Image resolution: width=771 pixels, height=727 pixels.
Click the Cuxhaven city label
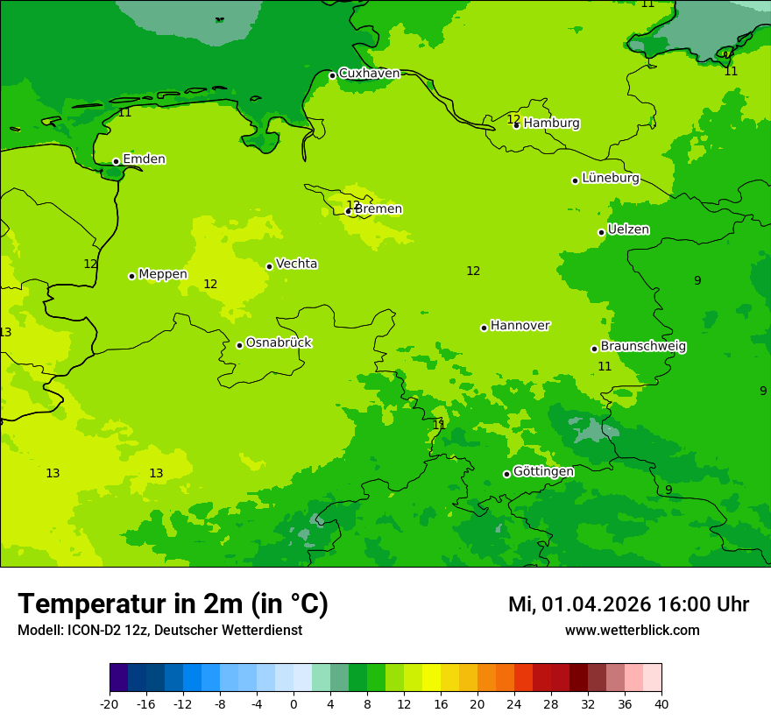pos(369,74)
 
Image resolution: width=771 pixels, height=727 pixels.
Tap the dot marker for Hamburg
pos(517,125)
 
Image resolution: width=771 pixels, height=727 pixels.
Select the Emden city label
pos(144,159)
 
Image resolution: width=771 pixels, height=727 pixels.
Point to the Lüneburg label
pos(611,178)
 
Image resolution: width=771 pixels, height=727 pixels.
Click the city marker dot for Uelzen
pos(601,232)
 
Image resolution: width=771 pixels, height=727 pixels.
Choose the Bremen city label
pos(378,209)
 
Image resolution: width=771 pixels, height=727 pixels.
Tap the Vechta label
pos(296,264)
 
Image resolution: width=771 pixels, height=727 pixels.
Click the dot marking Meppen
pos(131,276)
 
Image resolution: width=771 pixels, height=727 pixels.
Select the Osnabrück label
pos(279,342)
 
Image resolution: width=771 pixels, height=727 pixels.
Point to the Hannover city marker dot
pos(484,328)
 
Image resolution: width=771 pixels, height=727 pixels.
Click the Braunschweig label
pos(643,347)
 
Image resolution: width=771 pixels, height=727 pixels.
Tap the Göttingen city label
pos(543,471)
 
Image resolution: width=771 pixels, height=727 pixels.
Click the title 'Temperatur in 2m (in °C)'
pos(173,604)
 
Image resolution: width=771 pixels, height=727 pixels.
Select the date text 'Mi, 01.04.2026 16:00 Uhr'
pos(628,604)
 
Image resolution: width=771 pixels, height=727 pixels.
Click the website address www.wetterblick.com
pos(632,631)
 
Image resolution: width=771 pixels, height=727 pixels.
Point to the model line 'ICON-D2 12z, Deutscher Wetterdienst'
pos(159,631)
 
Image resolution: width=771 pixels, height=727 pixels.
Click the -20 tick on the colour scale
pos(110,703)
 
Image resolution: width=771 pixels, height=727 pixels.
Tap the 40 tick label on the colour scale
pos(661,703)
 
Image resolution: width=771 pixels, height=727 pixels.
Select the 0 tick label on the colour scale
pos(294,703)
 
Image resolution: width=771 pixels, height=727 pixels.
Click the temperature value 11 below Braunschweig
pos(605,367)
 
